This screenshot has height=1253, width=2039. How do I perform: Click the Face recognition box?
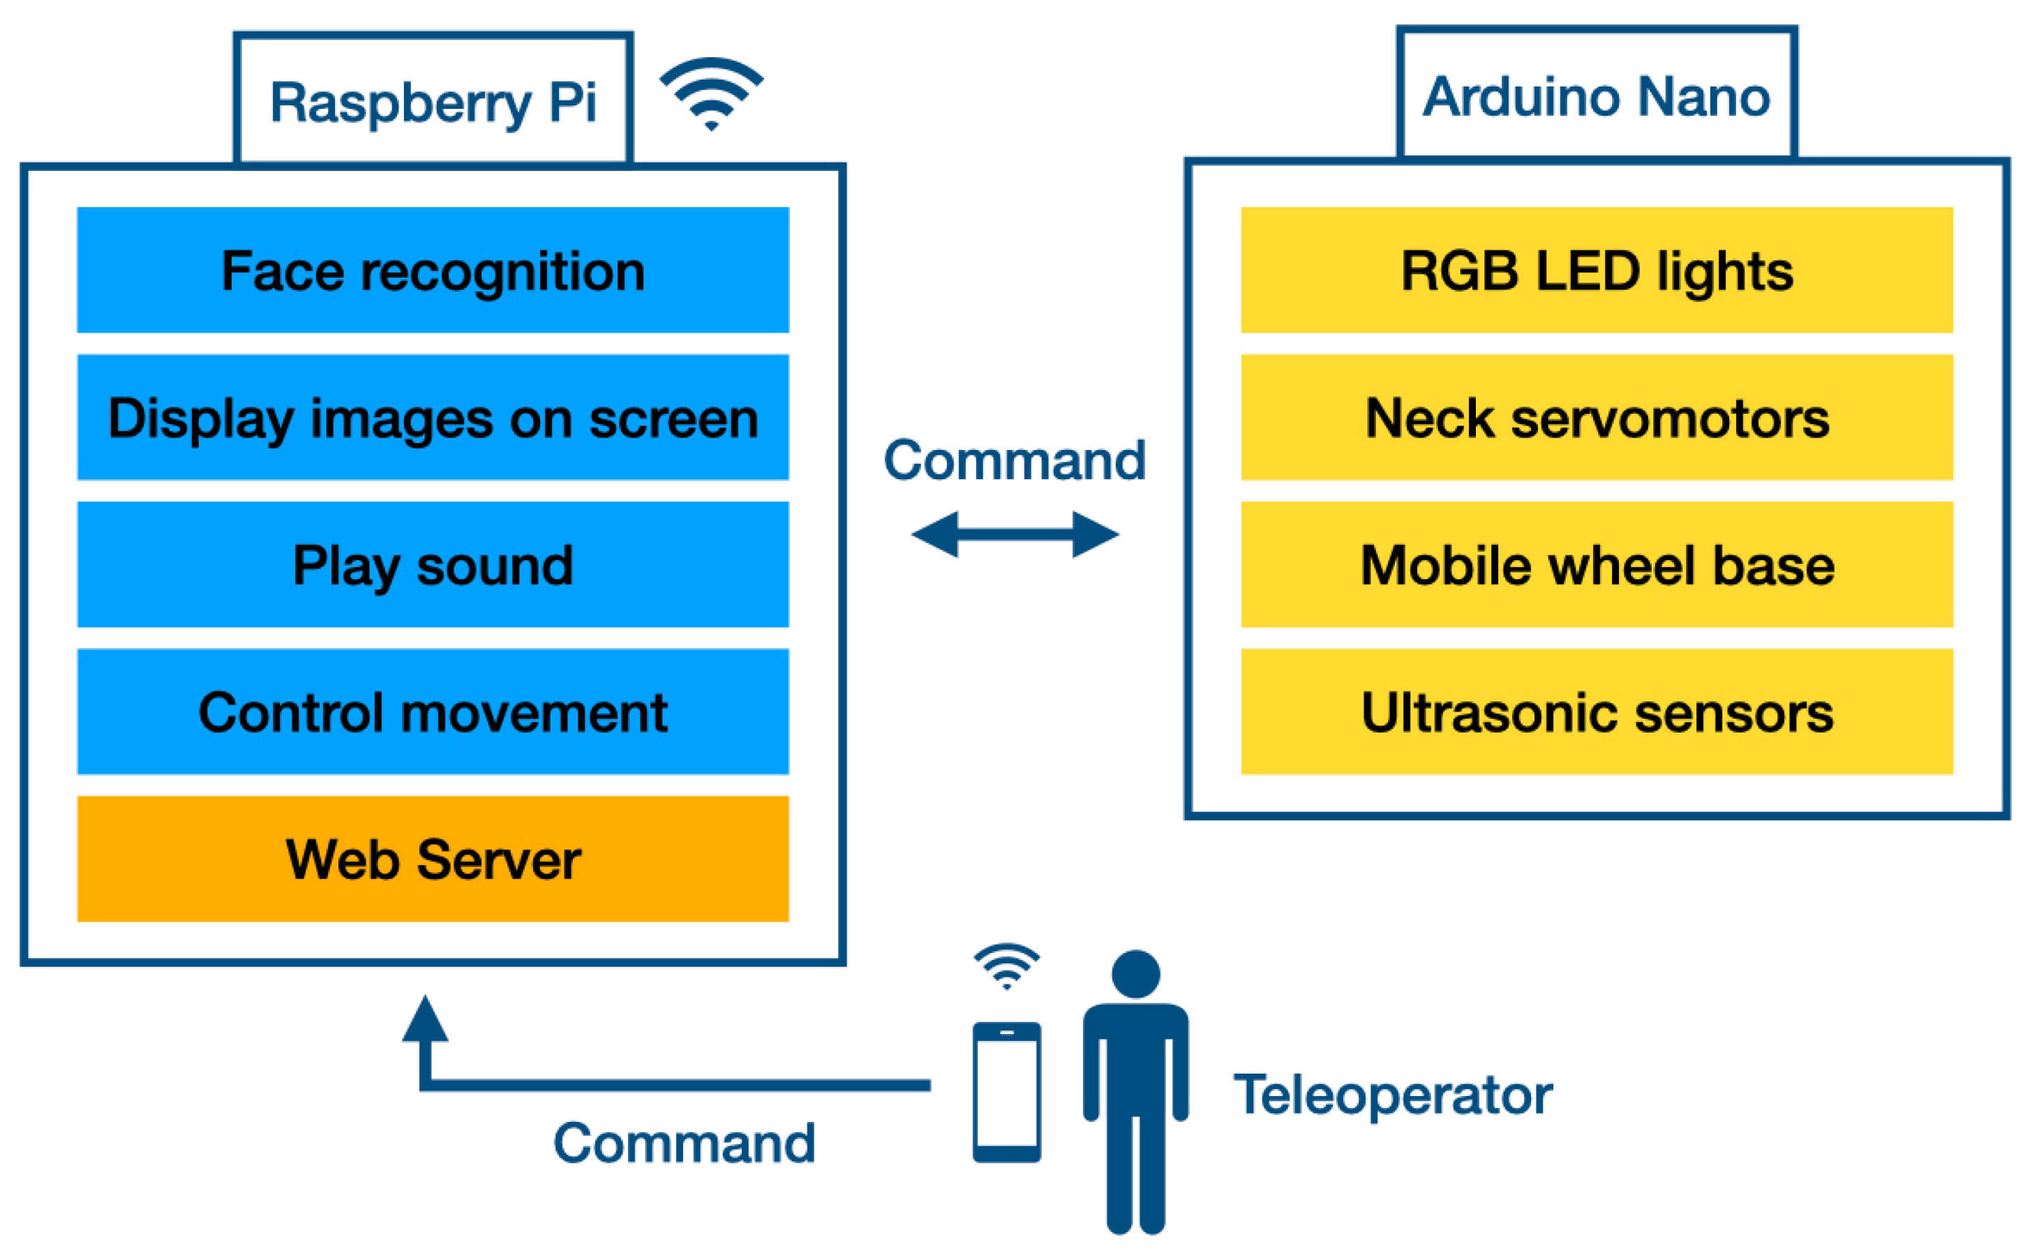click(x=433, y=270)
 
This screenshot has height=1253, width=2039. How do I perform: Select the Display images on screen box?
click(x=433, y=418)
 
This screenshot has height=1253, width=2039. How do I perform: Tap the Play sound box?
click(x=433, y=565)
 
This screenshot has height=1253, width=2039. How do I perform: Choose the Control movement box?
click(x=433, y=713)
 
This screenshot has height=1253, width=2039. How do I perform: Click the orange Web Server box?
click(x=433, y=860)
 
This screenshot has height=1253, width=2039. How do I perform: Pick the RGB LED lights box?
click(x=1597, y=270)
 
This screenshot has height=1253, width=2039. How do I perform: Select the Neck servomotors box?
click(x=1597, y=418)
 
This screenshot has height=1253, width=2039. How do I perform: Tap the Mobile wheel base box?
click(x=1597, y=565)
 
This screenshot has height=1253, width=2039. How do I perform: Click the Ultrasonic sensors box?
click(x=1597, y=713)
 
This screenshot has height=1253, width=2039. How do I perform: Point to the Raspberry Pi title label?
click(x=433, y=101)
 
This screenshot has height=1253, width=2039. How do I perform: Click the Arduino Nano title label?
click(x=1597, y=96)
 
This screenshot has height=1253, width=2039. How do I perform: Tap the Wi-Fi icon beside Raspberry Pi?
click(x=711, y=93)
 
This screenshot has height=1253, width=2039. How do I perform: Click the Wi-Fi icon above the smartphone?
click(x=1006, y=966)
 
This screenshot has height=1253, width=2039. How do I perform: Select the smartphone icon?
click(x=1006, y=1093)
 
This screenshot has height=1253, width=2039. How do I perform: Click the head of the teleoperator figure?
click(x=1135, y=975)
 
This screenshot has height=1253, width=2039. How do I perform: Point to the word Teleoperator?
click(x=1393, y=1095)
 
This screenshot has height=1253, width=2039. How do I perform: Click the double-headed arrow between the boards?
click(x=1015, y=534)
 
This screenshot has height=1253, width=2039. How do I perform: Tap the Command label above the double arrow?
click(x=1015, y=460)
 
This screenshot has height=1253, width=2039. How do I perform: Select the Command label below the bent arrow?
click(x=685, y=1143)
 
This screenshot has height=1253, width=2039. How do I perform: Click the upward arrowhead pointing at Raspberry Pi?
click(x=425, y=1019)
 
